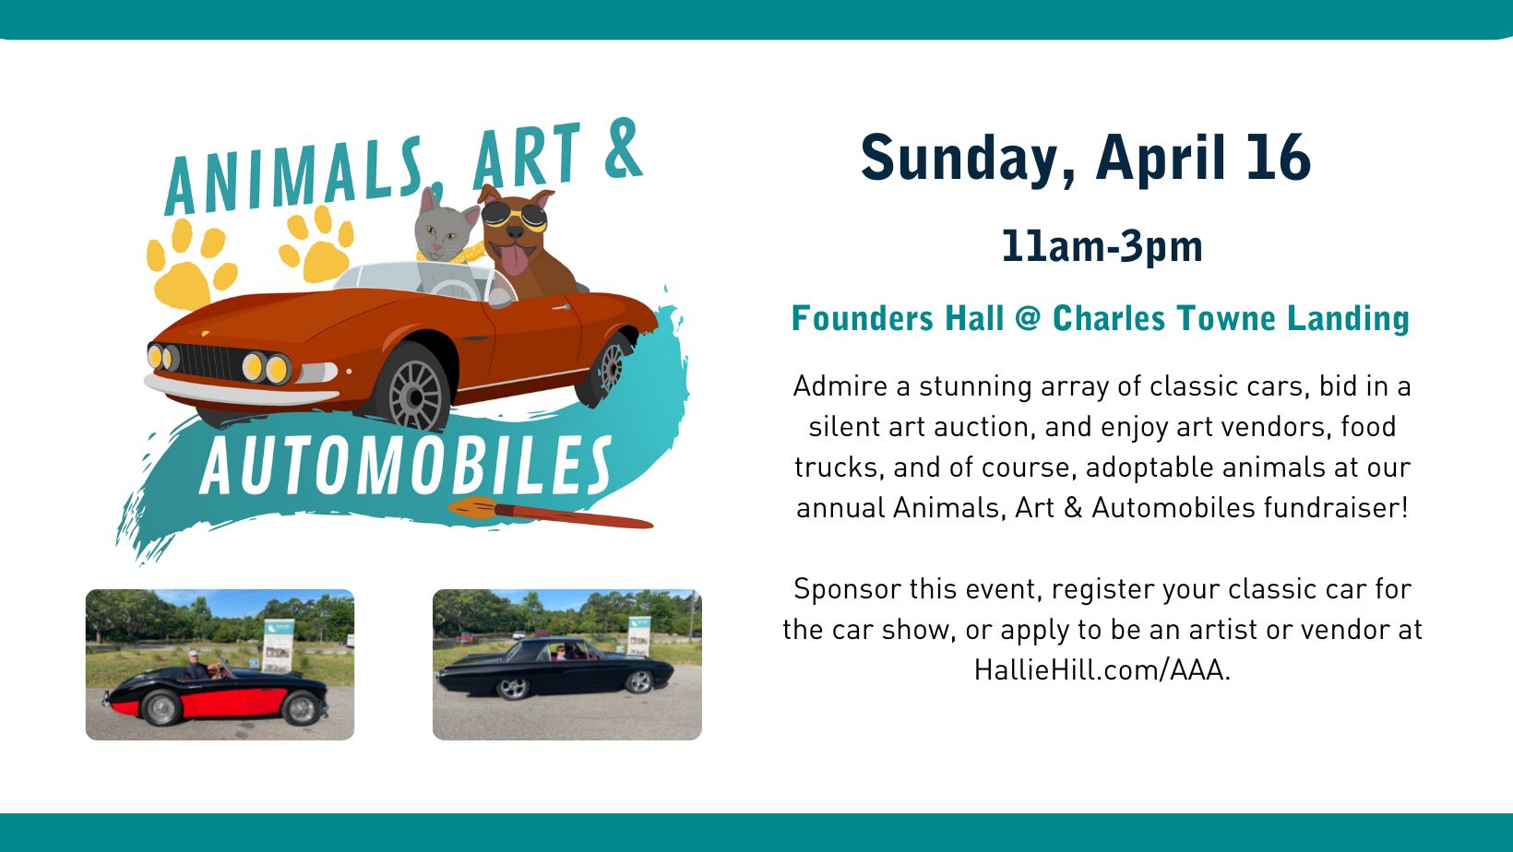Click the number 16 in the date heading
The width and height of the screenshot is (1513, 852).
pyautogui.click(x=1279, y=158)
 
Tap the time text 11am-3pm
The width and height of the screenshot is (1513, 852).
pyautogui.click(x=1102, y=246)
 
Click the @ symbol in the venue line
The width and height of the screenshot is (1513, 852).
pyautogui.click(x=1028, y=318)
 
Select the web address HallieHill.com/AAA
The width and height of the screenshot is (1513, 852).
pyautogui.click(x=1102, y=669)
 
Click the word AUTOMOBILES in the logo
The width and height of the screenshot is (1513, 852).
pyautogui.click(x=406, y=465)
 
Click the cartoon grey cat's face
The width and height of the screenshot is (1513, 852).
pyautogui.click(x=443, y=231)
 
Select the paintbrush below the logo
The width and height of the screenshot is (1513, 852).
pyautogui.click(x=550, y=513)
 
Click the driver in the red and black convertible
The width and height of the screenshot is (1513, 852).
pyautogui.click(x=196, y=665)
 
